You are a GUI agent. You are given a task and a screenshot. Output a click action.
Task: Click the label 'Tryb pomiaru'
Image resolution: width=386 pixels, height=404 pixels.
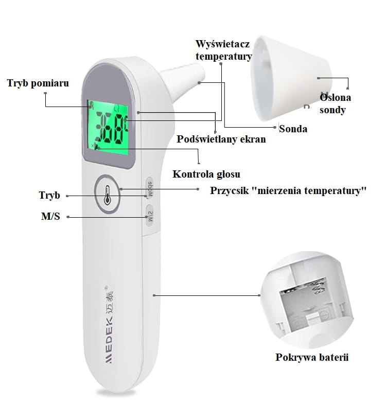click(x=38, y=83)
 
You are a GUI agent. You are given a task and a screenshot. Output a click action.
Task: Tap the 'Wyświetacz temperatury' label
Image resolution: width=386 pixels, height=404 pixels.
click(x=223, y=50)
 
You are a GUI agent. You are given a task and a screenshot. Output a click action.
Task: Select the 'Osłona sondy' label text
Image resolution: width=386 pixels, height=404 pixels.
click(x=333, y=103)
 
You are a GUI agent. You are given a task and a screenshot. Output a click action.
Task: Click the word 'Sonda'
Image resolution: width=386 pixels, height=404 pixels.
click(x=293, y=129)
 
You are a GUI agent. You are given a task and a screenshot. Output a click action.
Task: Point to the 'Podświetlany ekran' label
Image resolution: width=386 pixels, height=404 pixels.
click(x=221, y=139)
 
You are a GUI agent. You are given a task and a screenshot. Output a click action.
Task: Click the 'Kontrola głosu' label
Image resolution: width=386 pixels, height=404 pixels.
click(x=206, y=174)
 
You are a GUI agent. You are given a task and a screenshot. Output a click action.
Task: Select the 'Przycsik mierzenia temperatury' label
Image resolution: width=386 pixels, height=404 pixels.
click(x=288, y=190)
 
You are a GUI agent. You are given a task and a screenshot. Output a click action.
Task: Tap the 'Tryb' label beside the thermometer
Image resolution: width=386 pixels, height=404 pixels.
click(x=49, y=196)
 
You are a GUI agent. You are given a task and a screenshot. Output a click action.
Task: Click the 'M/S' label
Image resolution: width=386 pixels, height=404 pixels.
click(x=50, y=217)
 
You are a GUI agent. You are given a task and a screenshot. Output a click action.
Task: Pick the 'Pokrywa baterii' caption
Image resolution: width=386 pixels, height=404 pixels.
click(x=312, y=357)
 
